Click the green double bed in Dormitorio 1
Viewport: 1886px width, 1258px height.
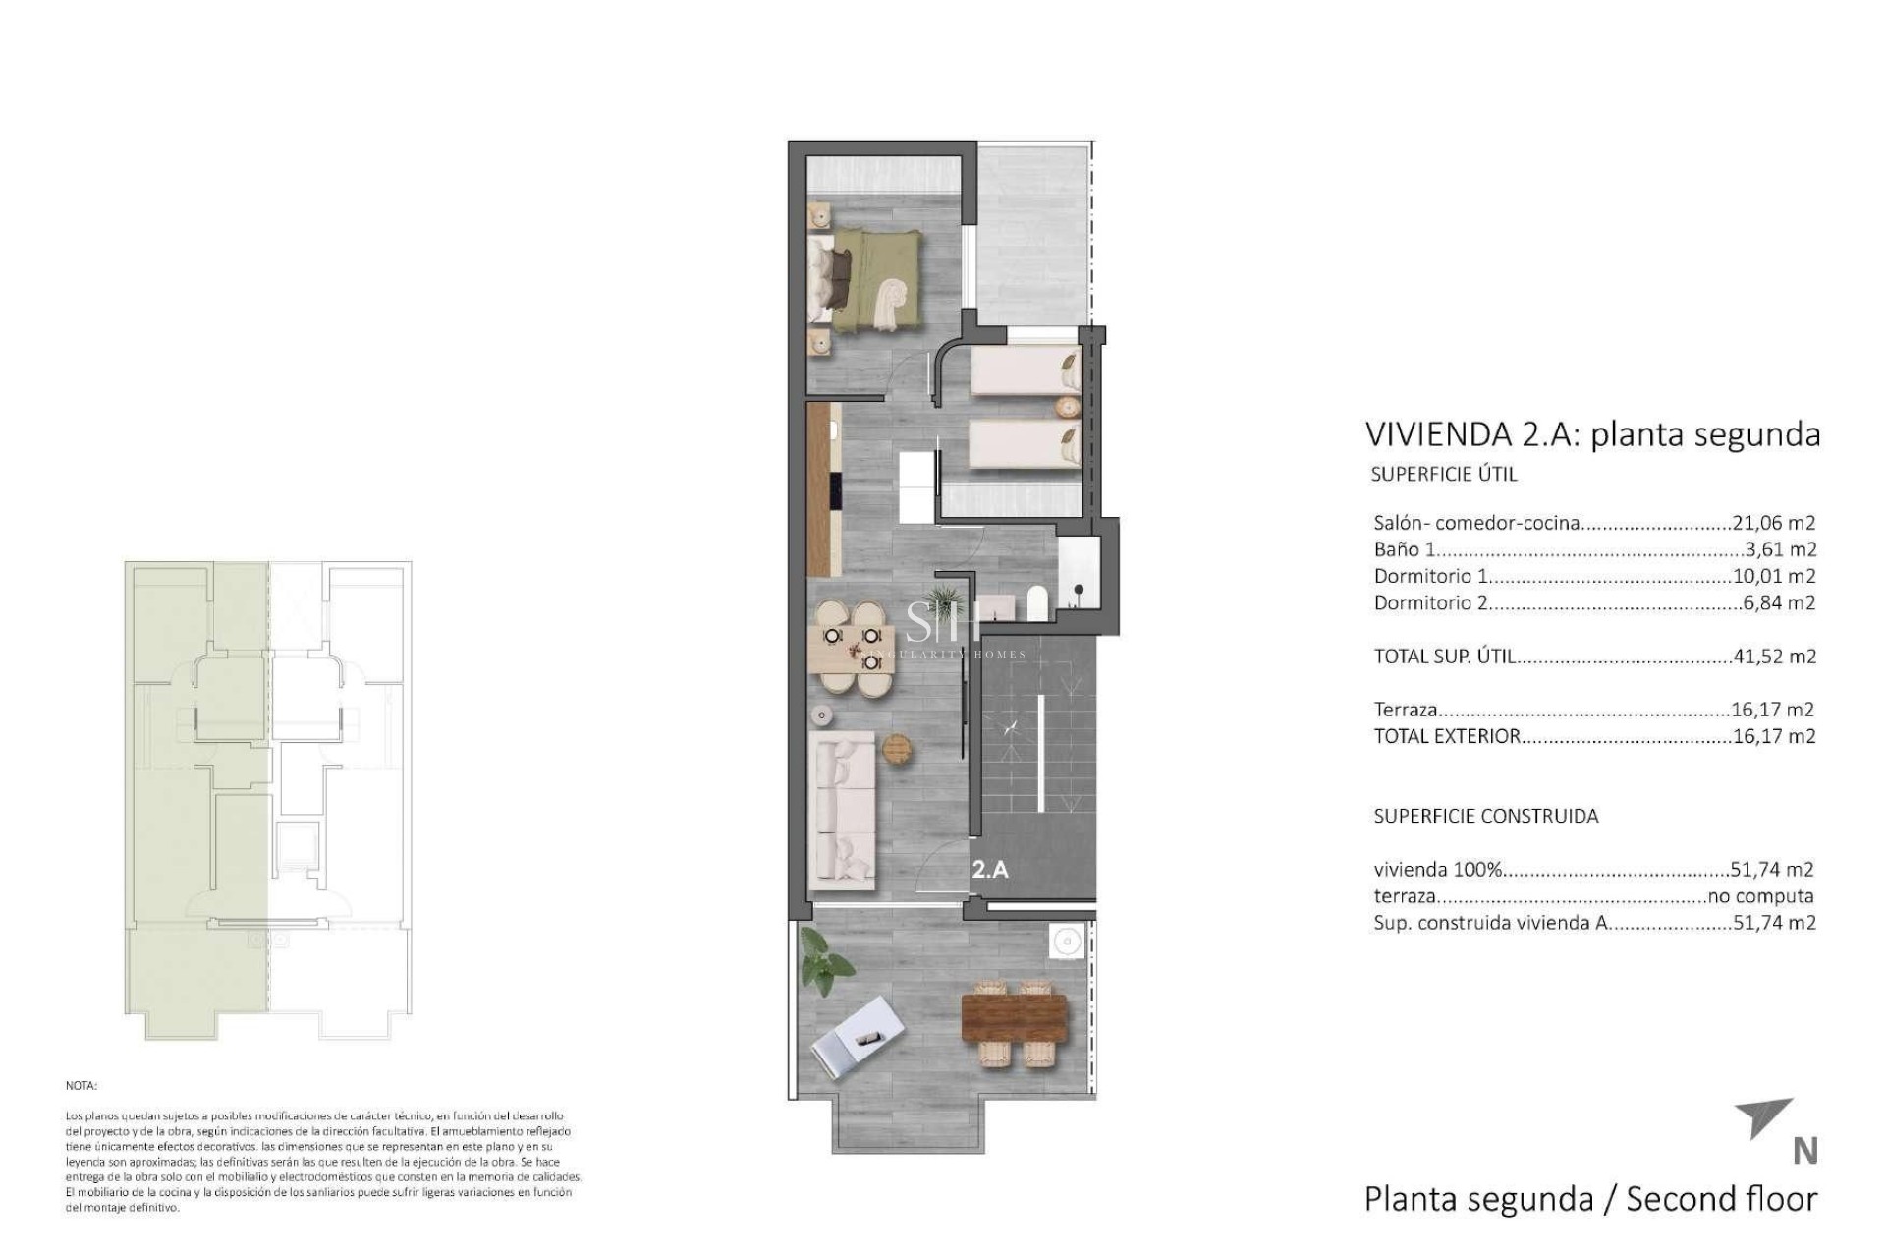coord(872,279)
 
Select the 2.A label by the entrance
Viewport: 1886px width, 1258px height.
coord(990,869)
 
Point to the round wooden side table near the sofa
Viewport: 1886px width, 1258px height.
coord(898,749)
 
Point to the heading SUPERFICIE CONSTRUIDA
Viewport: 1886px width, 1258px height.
coord(1485,816)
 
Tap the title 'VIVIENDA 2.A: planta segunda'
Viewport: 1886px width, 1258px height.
coord(1592,433)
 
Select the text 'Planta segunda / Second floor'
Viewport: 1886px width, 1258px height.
coord(1590,1199)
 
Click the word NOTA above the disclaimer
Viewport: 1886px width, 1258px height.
coord(81,1086)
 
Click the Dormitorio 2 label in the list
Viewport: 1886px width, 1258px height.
coord(1430,602)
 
